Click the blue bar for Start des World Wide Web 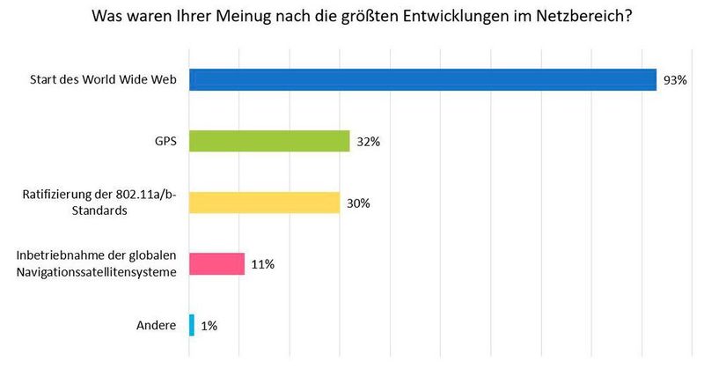pyautogui.click(x=422, y=80)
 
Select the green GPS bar pyautogui.click(x=269, y=141)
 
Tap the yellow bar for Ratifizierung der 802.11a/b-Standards pyautogui.click(x=264, y=203)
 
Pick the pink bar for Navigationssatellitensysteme pyautogui.click(x=216, y=263)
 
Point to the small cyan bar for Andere pyautogui.click(x=192, y=325)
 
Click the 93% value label pyautogui.click(x=675, y=80)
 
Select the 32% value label pyautogui.click(x=368, y=141)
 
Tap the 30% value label pyautogui.click(x=357, y=203)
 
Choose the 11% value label pyautogui.click(x=261, y=264)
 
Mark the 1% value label pyautogui.click(x=209, y=325)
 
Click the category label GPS pyautogui.click(x=166, y=141)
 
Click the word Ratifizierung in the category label pyautogui.click(x=55, y=195)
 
